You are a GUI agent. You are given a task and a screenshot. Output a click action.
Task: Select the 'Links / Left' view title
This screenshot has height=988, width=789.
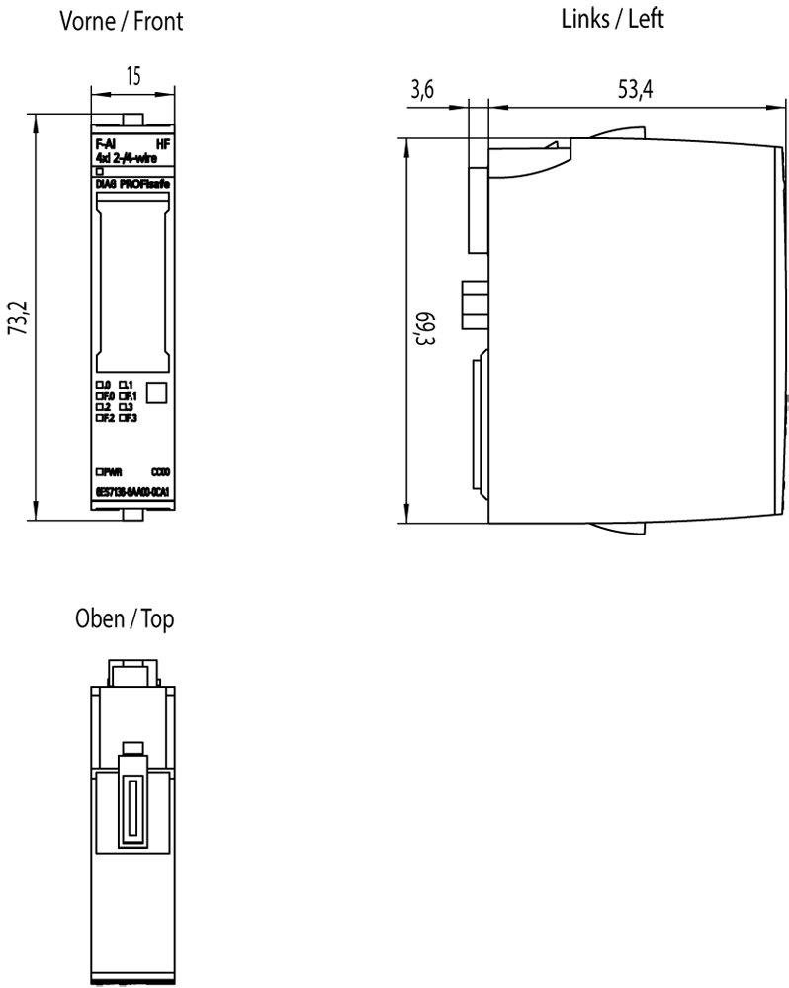[613, 19]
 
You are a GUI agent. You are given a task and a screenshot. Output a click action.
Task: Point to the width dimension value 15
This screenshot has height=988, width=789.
[132, 77]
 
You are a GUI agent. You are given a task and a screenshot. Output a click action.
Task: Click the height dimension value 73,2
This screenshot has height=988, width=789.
[17, 318]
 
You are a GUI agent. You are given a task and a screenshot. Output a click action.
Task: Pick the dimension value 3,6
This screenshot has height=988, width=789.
[422, 90]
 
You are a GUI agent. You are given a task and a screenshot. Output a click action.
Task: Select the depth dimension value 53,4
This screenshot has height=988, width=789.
[635, 90]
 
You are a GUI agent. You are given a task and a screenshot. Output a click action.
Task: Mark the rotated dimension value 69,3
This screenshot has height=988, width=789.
[426, 328]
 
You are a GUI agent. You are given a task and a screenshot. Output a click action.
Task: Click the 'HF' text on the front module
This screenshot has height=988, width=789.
[164, 144]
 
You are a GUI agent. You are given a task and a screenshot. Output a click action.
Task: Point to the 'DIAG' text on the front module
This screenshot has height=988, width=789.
[107, 184]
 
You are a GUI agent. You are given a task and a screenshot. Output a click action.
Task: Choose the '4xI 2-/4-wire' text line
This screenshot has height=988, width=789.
[120, 156]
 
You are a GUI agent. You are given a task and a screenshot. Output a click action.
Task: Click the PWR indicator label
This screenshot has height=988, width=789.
[111, 472]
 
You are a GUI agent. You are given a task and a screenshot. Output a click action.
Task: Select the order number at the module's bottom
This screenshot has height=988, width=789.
[132, 491]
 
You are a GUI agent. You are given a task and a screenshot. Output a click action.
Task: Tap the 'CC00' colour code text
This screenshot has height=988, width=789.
[160, 472]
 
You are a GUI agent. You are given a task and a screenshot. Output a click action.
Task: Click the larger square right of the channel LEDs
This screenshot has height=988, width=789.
[156, 391]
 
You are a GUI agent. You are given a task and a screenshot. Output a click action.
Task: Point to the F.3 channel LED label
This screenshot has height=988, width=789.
[127, 418]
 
